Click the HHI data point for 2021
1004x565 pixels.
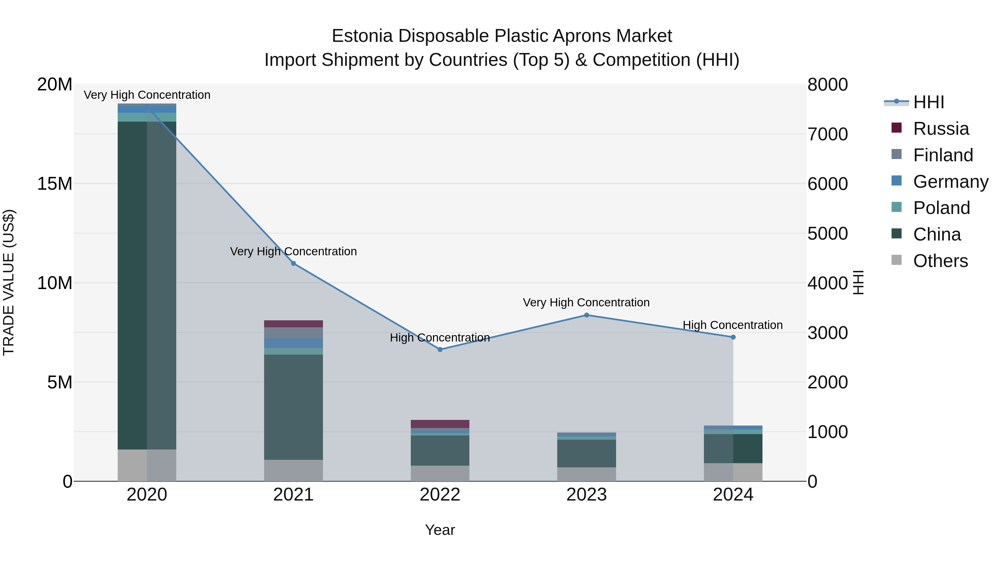[x=293, y=264]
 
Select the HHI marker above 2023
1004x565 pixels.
[x=587, y=315]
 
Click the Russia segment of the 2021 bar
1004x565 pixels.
[x=293, y=324]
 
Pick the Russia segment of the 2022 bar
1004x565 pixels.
[x=440, y=424]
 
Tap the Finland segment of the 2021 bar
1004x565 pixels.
[x=293, y=333]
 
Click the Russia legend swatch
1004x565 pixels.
[x=896, y=128]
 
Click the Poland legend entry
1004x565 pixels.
[x=941, y=208]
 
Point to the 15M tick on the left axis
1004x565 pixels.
[x=55, y=184]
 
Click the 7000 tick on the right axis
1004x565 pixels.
[x=827, y=134]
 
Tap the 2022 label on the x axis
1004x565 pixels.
[x=440, y=495]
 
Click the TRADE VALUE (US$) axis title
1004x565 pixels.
[x=9, y=282]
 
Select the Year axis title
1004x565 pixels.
[x=440, y=530]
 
